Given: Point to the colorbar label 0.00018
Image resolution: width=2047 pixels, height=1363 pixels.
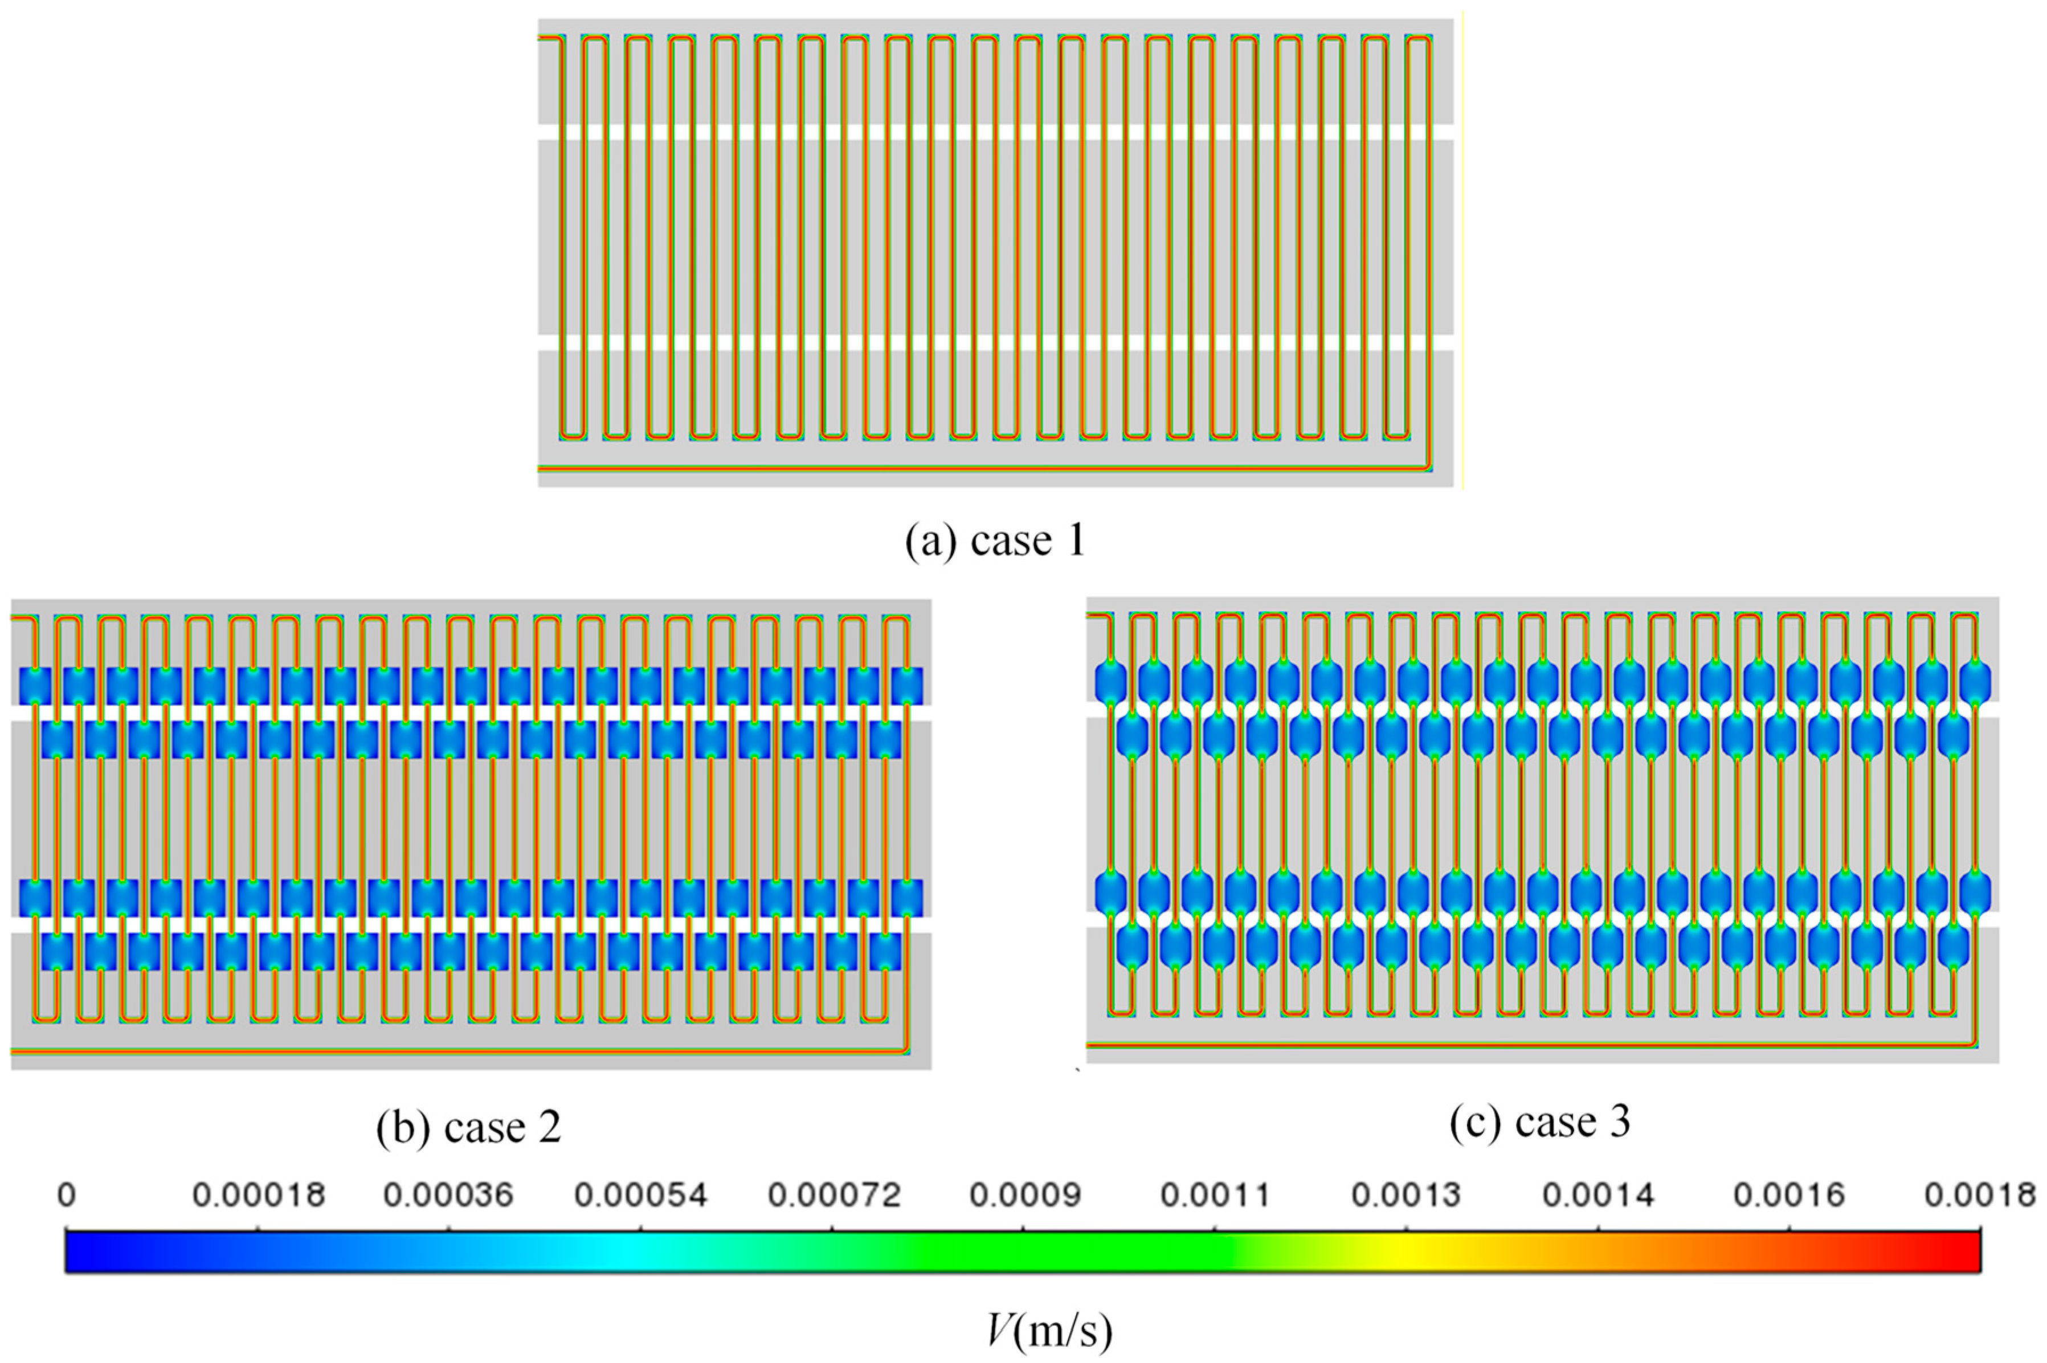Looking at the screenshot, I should pyautogui.click(x=258, y=1196).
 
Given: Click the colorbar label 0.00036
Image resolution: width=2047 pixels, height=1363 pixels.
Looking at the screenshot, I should pyautogui.click(x=448, y=1196).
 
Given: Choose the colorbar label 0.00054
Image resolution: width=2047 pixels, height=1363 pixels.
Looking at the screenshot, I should pyautogui.click(x=640, y=1196).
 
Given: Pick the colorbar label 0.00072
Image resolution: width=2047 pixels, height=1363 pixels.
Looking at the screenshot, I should pyautogui.click(x=833, y=1196).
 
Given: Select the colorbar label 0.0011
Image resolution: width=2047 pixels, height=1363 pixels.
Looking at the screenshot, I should pyautogui.click(x=1215, y=1196).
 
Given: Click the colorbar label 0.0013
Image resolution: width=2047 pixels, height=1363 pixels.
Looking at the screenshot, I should pyautogui.click(x=1407, y=1196).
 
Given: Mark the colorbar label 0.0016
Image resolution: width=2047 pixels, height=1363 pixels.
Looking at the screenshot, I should pyautogui.click(x=1789, y=1196).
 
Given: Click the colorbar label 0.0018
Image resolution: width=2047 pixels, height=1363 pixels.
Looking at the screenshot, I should pyautogui.click(x=1979, y=1196).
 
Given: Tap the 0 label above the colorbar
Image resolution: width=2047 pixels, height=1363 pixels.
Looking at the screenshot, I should pyautogui.click(x=66, y=1196).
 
